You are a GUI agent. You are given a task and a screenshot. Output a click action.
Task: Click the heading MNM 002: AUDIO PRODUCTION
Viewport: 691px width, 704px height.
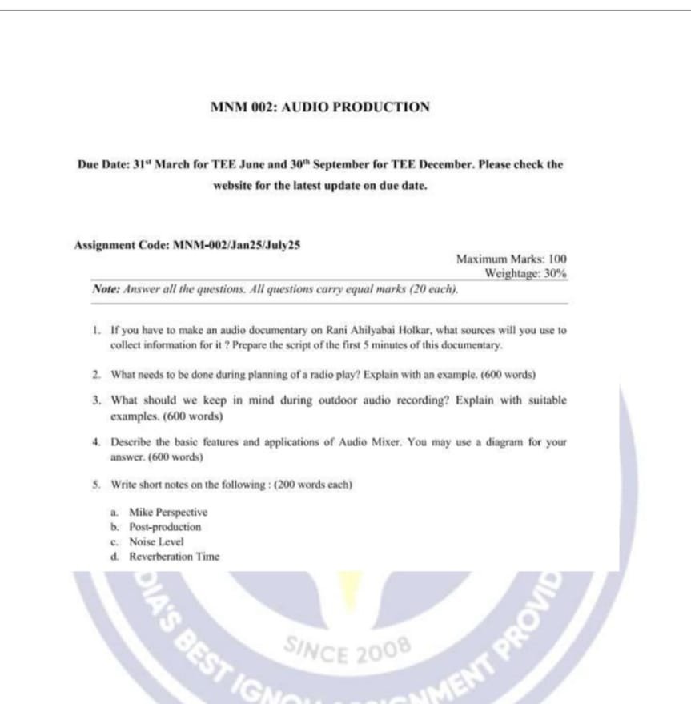point(319,107)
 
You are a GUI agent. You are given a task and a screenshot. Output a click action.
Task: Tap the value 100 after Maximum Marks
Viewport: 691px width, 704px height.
point(557,259)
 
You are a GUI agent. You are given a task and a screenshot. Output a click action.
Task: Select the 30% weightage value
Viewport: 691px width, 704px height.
point(556,273)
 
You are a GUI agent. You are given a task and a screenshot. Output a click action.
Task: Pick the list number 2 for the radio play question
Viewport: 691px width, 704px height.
point(95,374)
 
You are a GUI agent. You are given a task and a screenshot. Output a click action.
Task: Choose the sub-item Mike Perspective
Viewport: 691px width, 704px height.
point(168,512)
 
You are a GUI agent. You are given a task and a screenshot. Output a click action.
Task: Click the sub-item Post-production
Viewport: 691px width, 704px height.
point(165,527)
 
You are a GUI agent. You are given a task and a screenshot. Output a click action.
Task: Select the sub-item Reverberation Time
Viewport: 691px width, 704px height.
point(174,557)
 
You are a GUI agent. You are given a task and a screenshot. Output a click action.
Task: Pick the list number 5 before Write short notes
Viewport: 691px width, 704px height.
point(95,485)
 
